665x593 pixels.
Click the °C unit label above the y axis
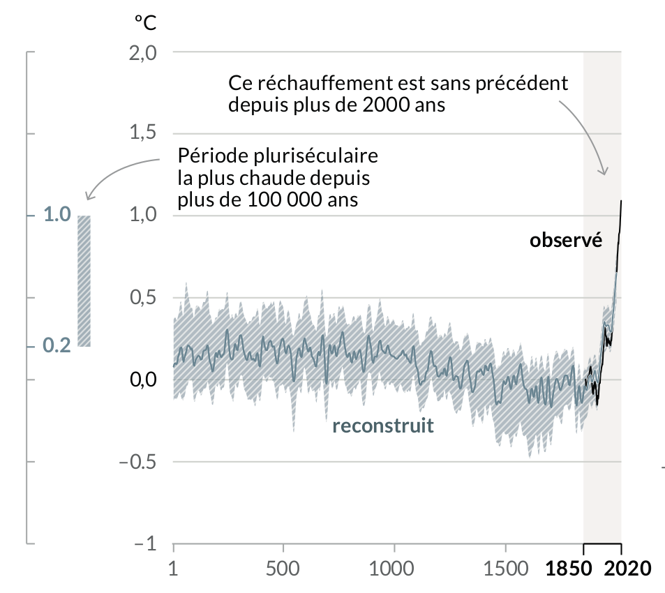[x=146, y=21]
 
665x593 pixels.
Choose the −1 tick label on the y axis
[x=146, y=543]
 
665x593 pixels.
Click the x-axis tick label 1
[x=174, y=566]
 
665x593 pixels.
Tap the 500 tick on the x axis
[x=283, y=566]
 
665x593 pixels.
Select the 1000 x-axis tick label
[x=394, y=566]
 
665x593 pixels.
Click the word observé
[x=566, y=241]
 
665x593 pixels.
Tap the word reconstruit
[x=383, y=426]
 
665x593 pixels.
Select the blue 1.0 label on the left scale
[x=57, y=215]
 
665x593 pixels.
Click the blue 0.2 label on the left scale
[x=57, y=345]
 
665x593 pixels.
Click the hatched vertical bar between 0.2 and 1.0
[x=84, y=280]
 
